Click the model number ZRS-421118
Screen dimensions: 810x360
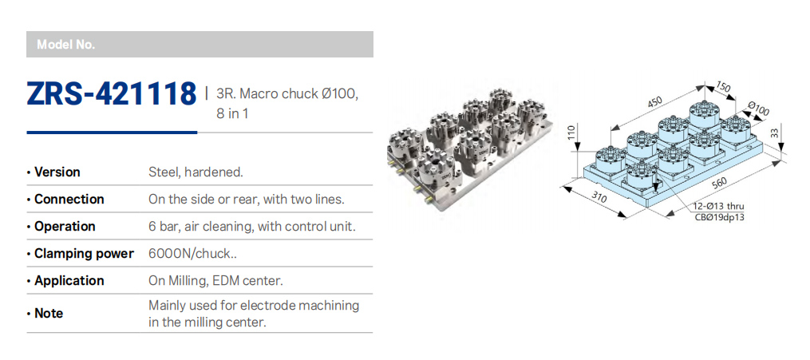click(112, 93)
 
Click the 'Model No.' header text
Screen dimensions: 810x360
click(66, 45)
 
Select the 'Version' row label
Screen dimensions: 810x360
click(57, 172)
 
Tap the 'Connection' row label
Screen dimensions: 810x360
click(69, 200)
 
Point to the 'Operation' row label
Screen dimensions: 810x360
click(65, 227)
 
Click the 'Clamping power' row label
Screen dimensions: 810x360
click(84, 254)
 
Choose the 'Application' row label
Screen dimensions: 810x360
click(69, 281)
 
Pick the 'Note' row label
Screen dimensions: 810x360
click(49, 314)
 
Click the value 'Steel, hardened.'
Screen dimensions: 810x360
click(196, 172)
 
